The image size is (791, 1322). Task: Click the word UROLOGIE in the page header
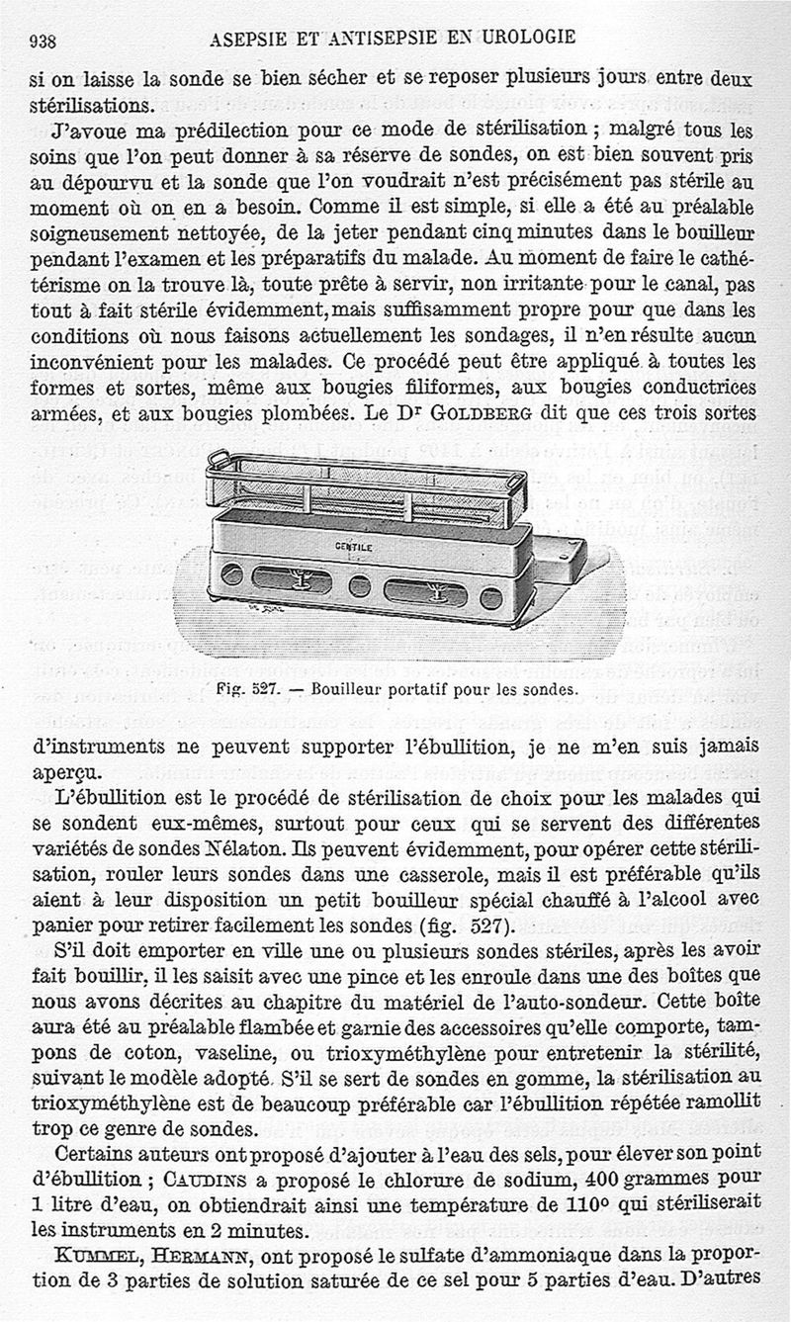point(529,39)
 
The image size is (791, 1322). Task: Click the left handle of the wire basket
point(220,458)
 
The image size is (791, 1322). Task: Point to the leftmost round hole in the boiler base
point(231,573)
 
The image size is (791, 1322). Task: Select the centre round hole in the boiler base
point(360,587)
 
